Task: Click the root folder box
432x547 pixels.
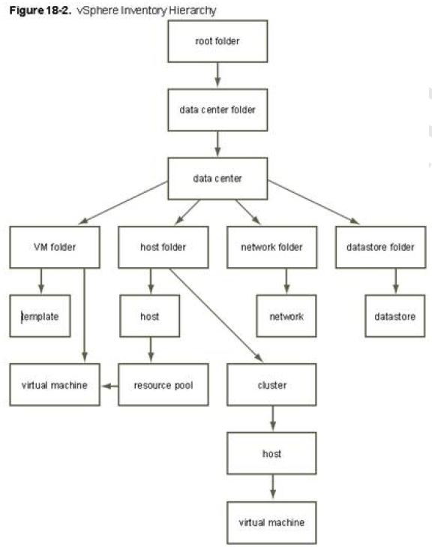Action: (217, 41)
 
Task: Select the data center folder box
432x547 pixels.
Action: (217, 110)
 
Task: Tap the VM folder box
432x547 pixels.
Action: (55, 247)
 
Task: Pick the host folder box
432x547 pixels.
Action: (163, 247)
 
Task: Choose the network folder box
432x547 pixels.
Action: (272, 247)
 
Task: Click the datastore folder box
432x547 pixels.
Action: (381, 247)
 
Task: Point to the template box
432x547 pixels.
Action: (40, 316)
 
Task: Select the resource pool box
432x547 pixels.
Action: (163, 385)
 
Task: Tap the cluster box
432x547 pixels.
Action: (271, 385)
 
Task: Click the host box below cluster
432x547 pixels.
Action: (271, 453)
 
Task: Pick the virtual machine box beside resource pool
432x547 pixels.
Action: (55, 385)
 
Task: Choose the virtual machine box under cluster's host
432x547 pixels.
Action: (271, 522)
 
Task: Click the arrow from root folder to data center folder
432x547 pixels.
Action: (217, 74)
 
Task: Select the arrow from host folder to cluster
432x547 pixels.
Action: (216, 315)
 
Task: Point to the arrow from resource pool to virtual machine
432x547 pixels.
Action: (109, 386)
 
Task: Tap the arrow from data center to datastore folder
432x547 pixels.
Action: (313, 202)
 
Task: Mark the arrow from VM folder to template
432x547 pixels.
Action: (41, 281)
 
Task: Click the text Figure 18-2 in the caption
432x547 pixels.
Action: (40, 11)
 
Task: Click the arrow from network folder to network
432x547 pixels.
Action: (286, 281)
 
